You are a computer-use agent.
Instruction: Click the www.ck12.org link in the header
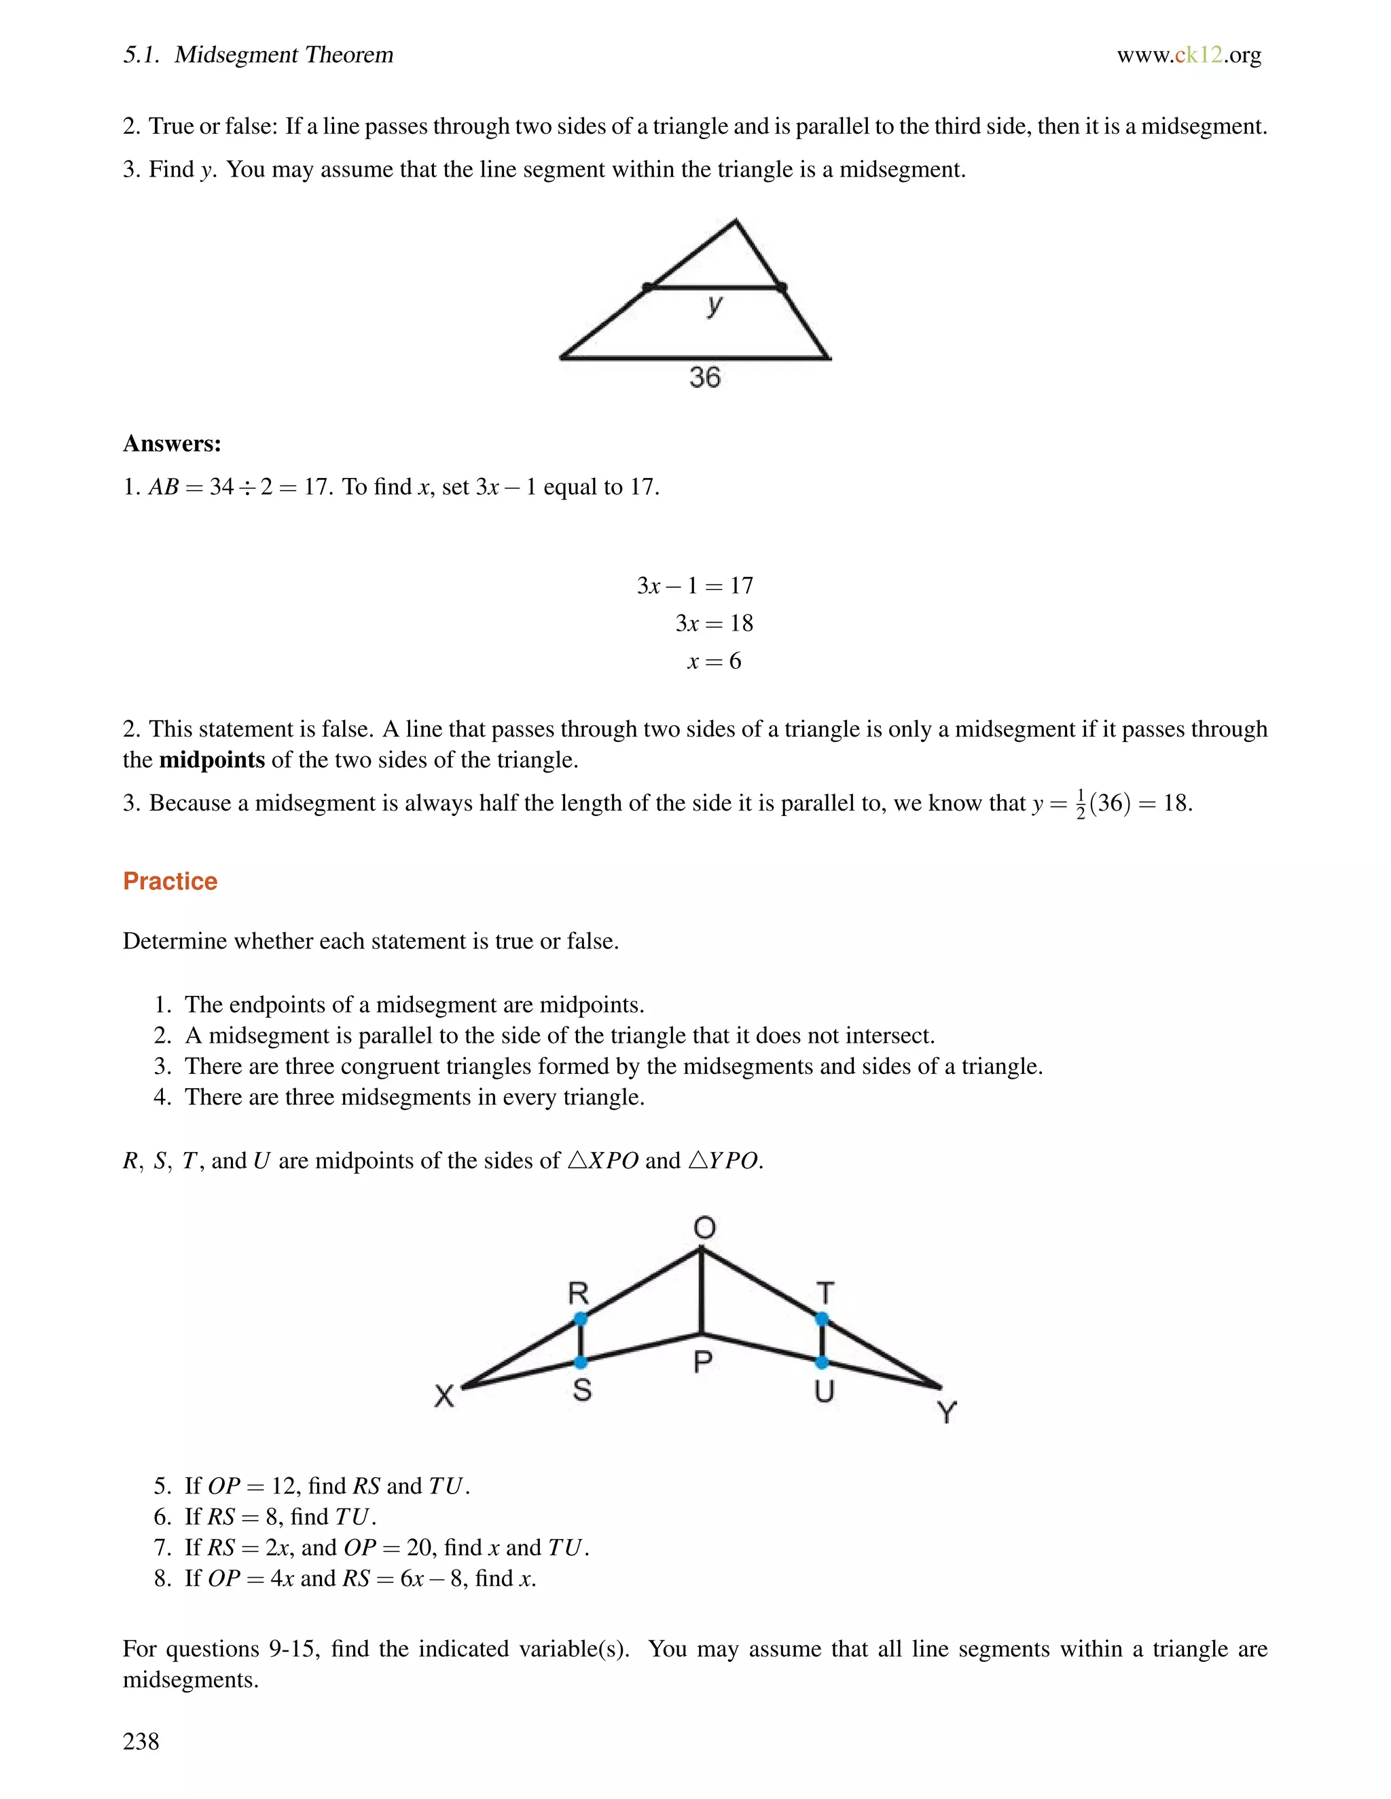pos(1189,55)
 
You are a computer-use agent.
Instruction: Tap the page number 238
pos(141,1741)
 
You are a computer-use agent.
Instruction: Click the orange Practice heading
pos(170,880)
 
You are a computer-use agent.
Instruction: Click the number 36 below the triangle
pos(704,377)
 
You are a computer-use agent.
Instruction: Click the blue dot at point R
pos(580,1319)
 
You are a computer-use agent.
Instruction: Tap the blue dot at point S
pos(580,1362)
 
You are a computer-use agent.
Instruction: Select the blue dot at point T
pos(822,1319)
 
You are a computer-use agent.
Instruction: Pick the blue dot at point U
pos(822,1362)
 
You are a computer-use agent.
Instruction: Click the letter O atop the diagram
pos(704,1228)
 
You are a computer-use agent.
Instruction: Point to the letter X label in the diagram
pos(444,1395)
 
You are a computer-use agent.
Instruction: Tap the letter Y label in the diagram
pos(947,1413)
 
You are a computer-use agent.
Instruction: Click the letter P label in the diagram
pos(702,1362)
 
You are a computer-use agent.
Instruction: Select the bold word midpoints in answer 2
pos(212,760)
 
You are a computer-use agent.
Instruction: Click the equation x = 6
pos(714,661)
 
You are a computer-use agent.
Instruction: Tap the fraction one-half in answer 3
pos(1081,804)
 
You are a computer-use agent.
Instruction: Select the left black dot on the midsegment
pos(648,287)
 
